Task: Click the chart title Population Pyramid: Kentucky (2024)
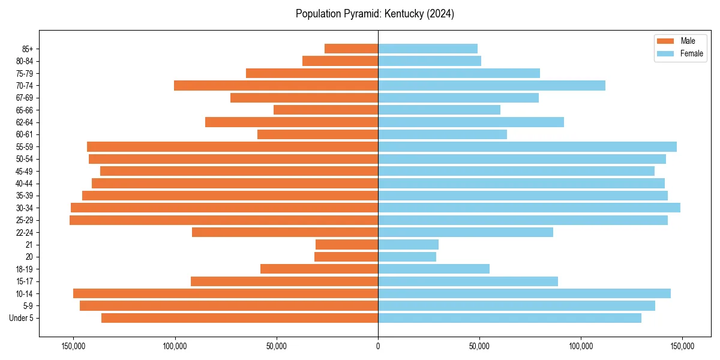(x=375, y=14)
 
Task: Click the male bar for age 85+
(x=351, y=49)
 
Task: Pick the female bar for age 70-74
(x=491, y=85)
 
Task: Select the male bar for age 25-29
(x=224, y=220)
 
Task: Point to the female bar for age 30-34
(x=529, y=208)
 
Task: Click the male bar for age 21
(x=347, y=245)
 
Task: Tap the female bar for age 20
(x=407, y=257)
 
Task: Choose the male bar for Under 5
(x=239, y=318)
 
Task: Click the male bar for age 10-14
(x=226, y=293)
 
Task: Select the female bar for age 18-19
(x=433, y=269)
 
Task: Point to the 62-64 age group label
(x=25, y=122)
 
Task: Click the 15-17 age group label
(x=25, y=281)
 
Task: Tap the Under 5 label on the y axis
(x=22, y=318)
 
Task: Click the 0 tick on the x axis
(x=378, y=346)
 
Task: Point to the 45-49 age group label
(x=25, y=171)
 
